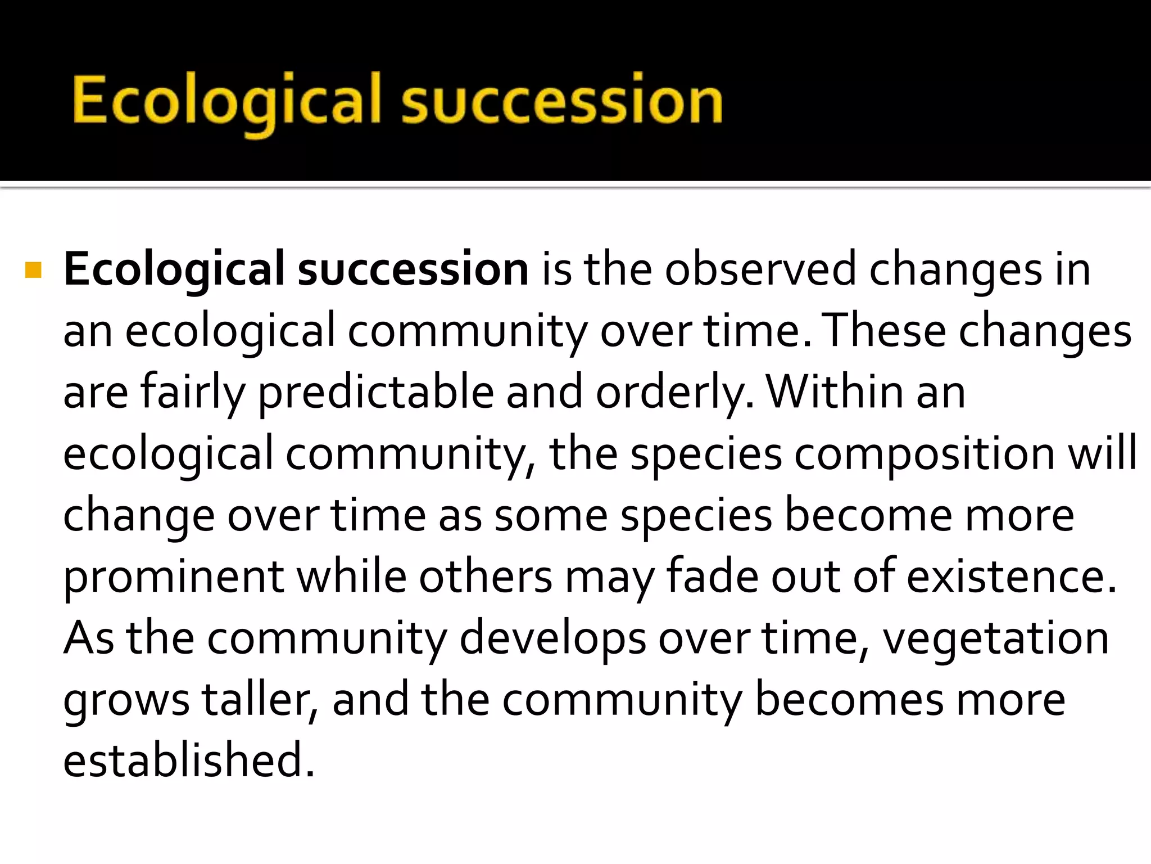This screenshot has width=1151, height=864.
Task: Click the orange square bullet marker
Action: (34, 270)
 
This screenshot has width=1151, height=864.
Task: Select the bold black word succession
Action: (413, 269)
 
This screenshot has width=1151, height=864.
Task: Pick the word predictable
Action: (376, 392)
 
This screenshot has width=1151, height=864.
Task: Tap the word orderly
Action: (674, 392)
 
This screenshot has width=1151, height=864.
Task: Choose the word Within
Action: (835, 392)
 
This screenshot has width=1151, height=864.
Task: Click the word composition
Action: (925, 453)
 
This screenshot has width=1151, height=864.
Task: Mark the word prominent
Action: (174, 577)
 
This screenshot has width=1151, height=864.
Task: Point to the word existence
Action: (1012, 577)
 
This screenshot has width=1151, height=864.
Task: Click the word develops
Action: (553, 638)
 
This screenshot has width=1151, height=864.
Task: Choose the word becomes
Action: (849, 699)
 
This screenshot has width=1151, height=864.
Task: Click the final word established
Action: (188, 760)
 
